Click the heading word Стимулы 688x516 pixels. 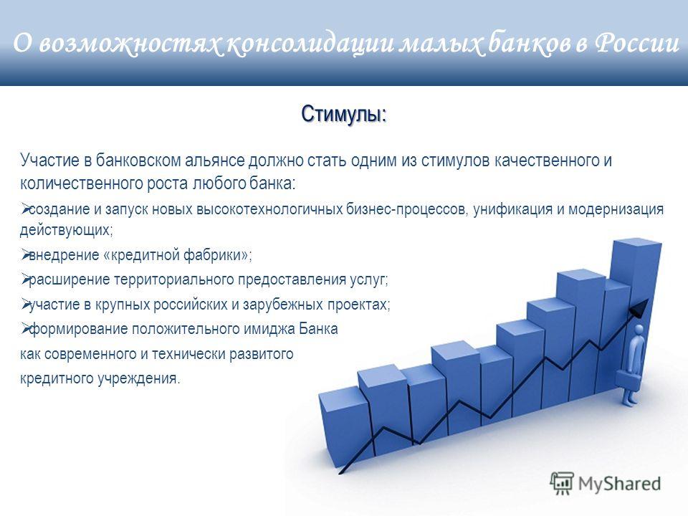(343, 114)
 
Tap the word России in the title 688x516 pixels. (637, 44)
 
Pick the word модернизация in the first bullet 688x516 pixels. (616, 209)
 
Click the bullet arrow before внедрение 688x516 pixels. (24, 254)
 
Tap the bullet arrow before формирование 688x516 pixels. (24, 328)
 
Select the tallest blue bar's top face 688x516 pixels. (636, 244)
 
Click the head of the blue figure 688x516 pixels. (639, 330)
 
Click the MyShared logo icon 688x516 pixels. (562, 484)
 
